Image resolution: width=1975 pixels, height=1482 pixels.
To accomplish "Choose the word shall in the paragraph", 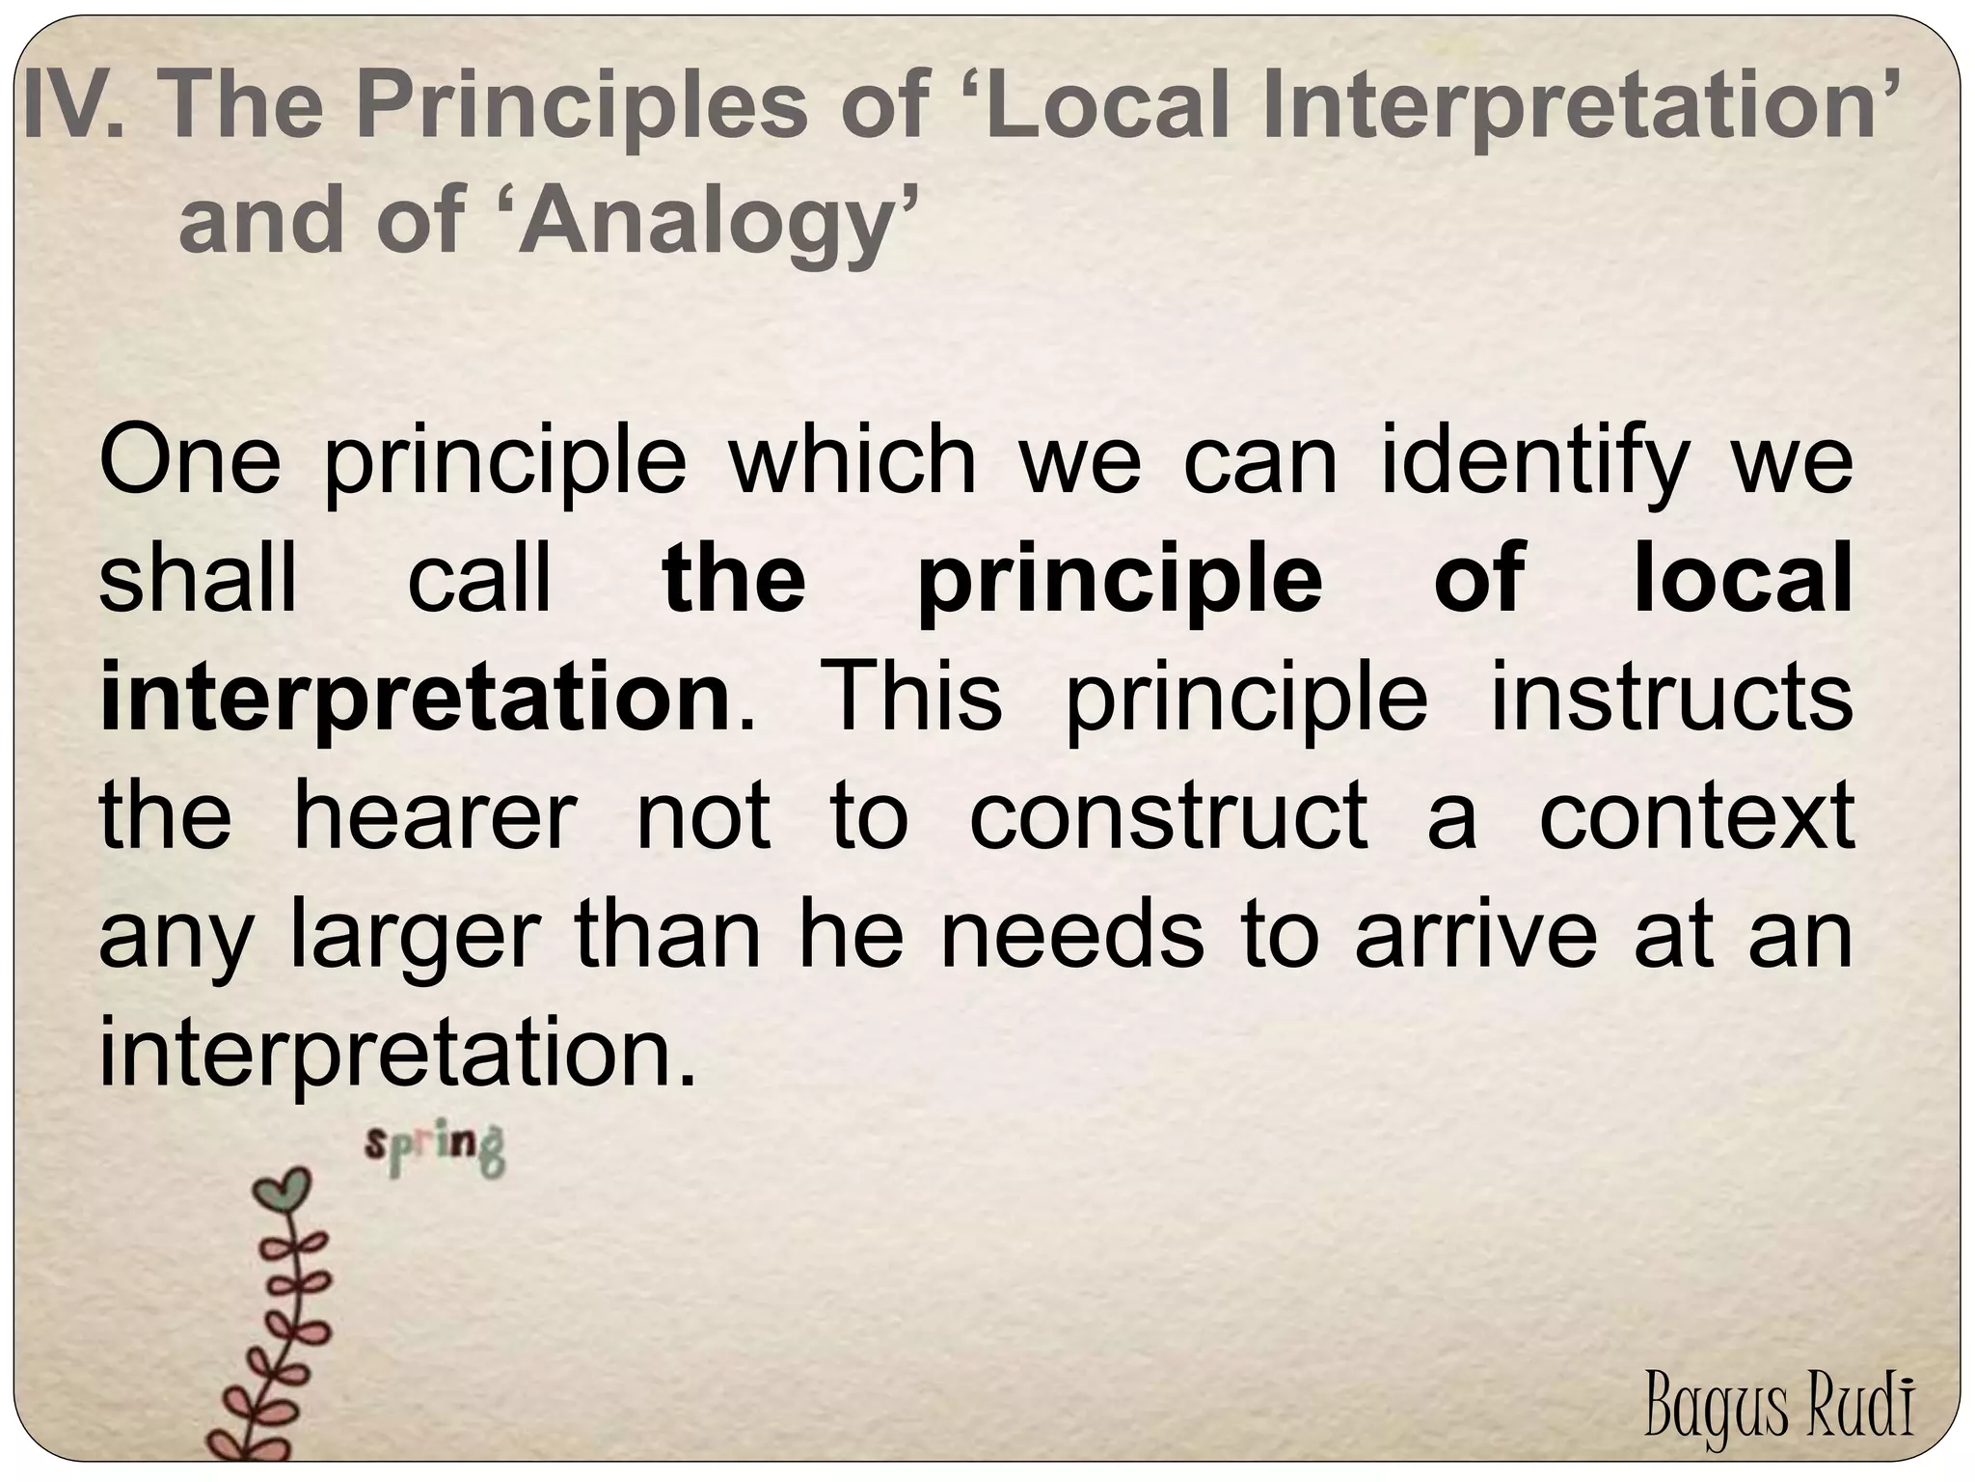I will [199, 579].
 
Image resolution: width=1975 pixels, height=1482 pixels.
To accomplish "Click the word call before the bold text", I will [479, 579].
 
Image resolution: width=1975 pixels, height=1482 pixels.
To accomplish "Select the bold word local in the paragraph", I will [1743, 579].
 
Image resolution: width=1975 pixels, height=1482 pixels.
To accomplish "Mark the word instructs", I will [1671, 697].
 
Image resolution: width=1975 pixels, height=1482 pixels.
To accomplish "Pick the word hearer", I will [434, 815].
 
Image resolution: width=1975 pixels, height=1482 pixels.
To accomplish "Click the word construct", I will [1169, 815].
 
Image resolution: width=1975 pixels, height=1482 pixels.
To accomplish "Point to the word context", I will [1696, 815].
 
